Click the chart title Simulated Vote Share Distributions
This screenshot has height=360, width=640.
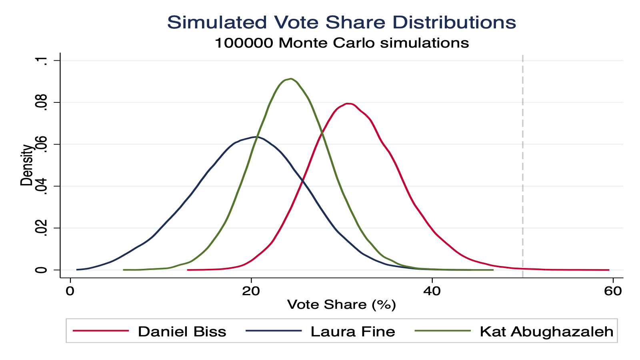click(341, 22)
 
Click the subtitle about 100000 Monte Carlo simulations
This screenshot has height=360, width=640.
click(341, 43)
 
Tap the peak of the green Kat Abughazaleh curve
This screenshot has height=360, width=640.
click(290, 79)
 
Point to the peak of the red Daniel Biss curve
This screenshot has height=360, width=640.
click(348, 104)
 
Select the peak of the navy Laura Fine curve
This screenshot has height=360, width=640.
click(256, 137)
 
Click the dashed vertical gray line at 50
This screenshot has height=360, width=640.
click(523, 160)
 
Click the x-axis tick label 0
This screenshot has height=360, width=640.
click(70, 291)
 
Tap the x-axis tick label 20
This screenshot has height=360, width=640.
click(251, 291)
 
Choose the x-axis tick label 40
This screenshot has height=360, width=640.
click(432, 291)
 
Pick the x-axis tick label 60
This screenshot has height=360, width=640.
click(613, 291)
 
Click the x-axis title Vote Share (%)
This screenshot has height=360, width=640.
click(341, 305)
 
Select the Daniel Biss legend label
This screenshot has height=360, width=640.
click(182, 332)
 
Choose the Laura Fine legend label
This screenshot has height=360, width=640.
click(353, 332)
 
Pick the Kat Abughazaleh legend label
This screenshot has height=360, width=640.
click(546, 332)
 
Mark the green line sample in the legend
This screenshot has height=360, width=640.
click(442, 331)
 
